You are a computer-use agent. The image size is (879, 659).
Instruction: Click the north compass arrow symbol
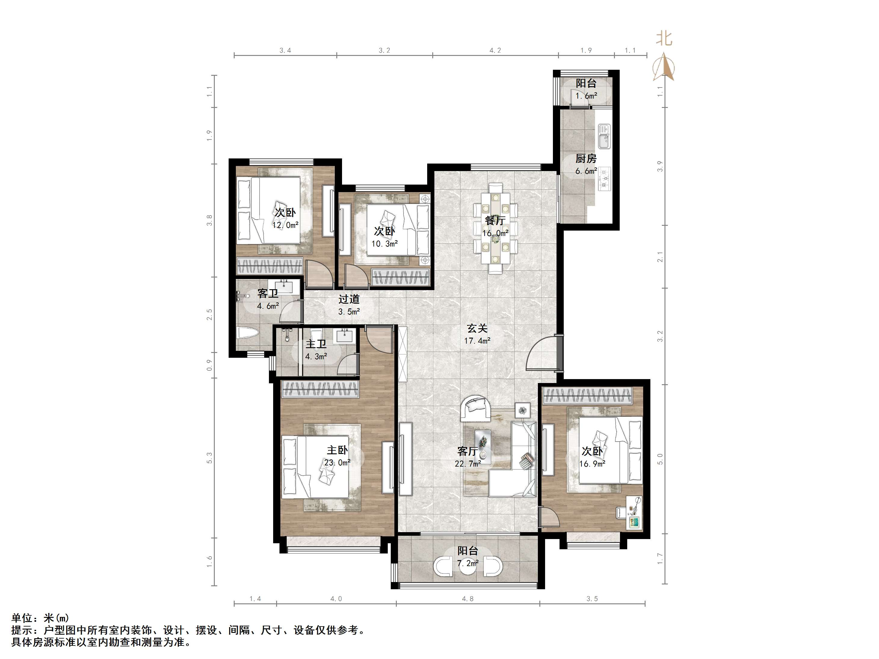[x=663, y=68]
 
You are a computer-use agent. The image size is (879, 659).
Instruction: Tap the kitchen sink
[x=604, y=136]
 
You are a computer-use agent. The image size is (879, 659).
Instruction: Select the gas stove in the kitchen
[x=604, y=179]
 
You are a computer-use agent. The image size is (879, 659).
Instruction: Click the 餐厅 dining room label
[x=495, y=220]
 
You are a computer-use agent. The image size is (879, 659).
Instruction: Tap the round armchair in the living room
[x=476, y=408]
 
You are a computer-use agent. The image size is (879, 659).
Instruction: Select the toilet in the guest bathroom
[x=247, y=333]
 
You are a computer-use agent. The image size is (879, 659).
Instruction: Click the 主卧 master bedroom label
[x=338, y=450]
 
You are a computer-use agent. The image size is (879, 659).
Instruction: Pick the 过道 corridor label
[x=349, y=299]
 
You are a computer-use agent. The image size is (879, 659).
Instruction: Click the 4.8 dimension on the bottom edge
[x=468, y=599]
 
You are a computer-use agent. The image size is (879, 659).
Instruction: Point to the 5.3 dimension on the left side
[x=209, y=458]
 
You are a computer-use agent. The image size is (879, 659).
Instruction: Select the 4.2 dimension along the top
[x=495, y=51]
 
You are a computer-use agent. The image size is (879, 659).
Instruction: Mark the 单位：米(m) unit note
[x=40, y=618]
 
